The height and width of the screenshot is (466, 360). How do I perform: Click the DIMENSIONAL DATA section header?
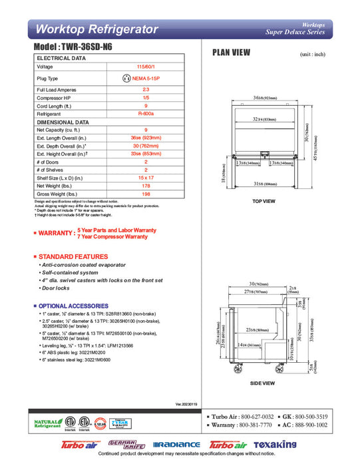tap(63, 122)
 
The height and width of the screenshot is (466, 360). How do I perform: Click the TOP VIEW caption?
tap(264, 200)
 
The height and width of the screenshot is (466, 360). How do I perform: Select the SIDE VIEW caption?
tap(264, 383)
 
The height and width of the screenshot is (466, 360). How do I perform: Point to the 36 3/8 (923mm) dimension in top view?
tap(266, 98)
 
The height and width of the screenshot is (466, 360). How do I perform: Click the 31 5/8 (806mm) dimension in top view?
tap(266, 184)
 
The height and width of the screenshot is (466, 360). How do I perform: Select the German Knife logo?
tap(126, 443)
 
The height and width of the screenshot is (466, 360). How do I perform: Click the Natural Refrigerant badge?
tap(45, 423)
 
